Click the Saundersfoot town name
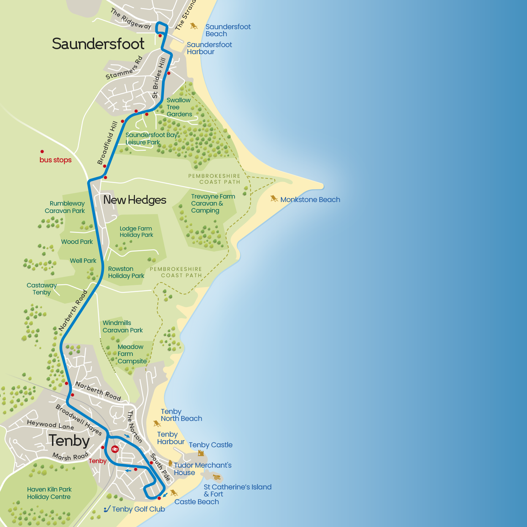coord(98,44)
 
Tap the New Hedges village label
coord(135,200)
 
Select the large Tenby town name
coord(69,441)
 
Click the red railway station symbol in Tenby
coord(115,449)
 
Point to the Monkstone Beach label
coord(310,200)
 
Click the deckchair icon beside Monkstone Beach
coord(274,199)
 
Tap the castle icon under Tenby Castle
coord(201,453)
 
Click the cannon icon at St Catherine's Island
coord(217,477)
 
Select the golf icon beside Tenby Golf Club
coord(107,509)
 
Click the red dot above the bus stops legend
coord(42,151)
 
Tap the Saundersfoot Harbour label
coord(209,48)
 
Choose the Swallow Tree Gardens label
coord(179,107)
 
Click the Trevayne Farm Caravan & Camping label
coord(213,203)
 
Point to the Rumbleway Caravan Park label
coord(65,207)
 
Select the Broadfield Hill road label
coord(107,143)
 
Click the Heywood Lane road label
coord(50,424)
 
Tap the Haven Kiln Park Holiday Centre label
coord(49,493)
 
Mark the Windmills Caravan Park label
coord(122,326)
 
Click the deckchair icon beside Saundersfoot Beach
coord(194,26)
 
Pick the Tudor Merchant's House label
coord(202,469)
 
